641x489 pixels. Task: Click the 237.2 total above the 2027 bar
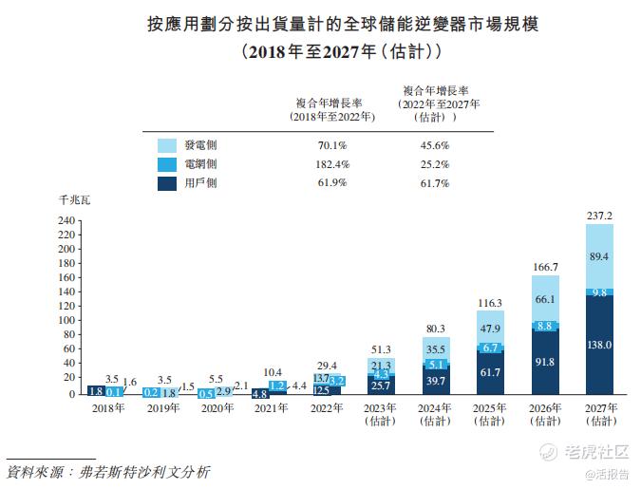point(599,216)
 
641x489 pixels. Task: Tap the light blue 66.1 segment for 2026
point(545,298)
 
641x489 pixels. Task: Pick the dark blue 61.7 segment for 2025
point(490,373)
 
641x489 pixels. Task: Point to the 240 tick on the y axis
point(66,220)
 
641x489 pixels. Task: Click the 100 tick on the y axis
point(66,321)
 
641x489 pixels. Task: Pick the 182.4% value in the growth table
point(332,165)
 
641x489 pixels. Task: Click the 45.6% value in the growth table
point(433,146)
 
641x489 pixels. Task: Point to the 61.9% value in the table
point(332,183)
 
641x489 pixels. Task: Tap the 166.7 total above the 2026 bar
point(545,267)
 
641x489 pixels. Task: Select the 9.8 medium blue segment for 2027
point(599,293)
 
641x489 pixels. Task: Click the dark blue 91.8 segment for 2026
point(545,362)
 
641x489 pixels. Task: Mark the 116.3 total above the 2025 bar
point(490,303)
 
